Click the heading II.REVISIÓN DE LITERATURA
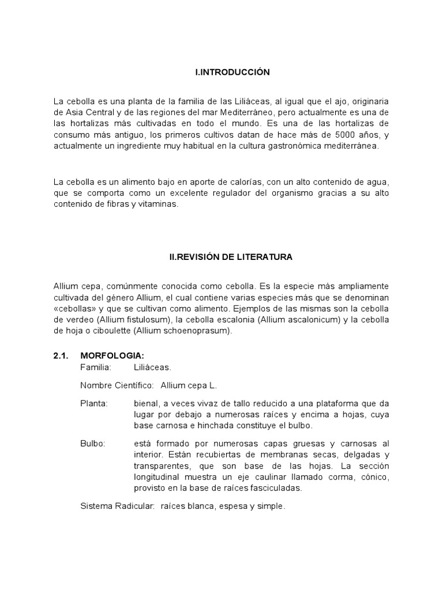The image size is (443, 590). pos(231,257)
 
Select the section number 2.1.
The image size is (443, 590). pos(61,357)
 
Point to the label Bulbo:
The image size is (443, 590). pos(93,444)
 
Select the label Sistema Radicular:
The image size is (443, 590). pos(117,506)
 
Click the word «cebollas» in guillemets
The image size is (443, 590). pos(72,308)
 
